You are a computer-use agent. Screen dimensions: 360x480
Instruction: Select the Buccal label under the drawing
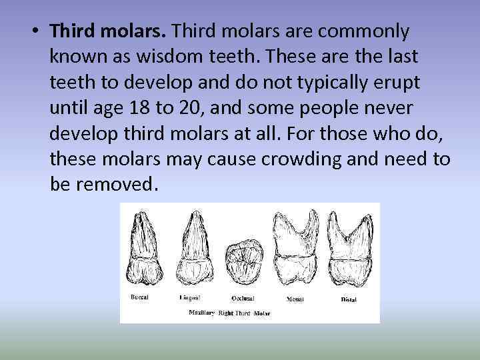(139, 296)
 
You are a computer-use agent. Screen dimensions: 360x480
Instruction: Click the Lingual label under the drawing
(191, 297)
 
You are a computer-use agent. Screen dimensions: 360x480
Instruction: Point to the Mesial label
(295, 299)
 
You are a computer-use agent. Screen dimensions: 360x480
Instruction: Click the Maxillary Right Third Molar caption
(229, 312)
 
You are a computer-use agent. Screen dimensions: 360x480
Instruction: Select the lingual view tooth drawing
(195, 250)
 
